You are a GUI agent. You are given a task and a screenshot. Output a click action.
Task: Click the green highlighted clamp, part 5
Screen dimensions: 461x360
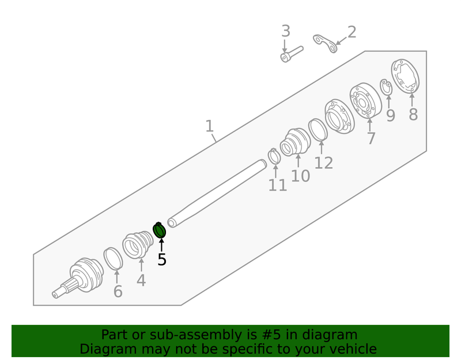pyautogui.click(x=159, y=230)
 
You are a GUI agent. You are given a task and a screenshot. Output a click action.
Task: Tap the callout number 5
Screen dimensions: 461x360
pyautogui.click(x=162, y=260)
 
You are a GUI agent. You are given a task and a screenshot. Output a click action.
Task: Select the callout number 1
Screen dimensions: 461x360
pyautogui.click(x=209, y=126)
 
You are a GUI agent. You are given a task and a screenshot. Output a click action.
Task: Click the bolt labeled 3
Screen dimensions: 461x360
pyautogui.click(x=292, y=54)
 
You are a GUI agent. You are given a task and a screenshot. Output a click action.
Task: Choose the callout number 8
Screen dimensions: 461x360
pyautogui.click(x=413, y=114)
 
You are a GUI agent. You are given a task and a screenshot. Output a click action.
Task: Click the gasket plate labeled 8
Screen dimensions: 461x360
pyautogui.click(x=405, y=76)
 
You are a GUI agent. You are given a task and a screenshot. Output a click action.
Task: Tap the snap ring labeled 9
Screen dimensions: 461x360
pyautogui.click(x=386, y=87)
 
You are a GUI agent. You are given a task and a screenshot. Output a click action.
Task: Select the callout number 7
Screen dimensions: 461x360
pyautogui.click(x=371, y=138)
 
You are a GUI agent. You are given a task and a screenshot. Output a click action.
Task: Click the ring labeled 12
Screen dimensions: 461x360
pyautogui.click(x=318, y=130)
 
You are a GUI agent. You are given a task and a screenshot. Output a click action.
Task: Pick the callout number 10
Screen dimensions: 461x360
pyautogui.click(x=300, y=176)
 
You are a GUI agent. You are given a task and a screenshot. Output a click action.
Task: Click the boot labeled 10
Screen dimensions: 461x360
pyautogui.click(x=294, y=142)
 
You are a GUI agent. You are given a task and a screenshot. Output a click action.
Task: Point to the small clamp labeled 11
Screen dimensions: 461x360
pyautogui.click(x=274, y=156)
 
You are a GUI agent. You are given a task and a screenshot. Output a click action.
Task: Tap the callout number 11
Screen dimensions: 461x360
pyautogui.click(x=278, y=185)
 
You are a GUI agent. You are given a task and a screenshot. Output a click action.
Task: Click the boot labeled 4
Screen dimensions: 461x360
pyautogui.click(x=138, y=244)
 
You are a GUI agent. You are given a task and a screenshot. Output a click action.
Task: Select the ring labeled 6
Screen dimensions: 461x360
pyautogui.click(x=113, y=258)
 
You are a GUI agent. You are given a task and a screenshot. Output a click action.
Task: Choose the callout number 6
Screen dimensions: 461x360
pyautogui.click(x=118, y=291)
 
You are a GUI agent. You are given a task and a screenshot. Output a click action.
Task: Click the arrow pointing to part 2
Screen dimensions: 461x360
pyautogui.click(x=341, y=41)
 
